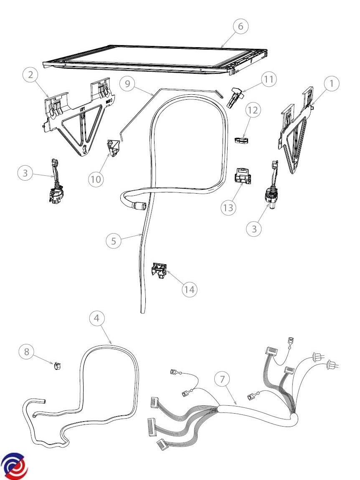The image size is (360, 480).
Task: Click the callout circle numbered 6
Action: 241,26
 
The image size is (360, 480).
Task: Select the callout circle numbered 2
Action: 30,74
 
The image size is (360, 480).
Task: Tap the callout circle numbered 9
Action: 128,83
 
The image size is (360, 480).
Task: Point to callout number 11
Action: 269,79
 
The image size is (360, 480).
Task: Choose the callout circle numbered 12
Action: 253,110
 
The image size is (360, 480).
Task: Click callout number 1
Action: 331,83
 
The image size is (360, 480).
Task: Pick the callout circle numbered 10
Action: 96,179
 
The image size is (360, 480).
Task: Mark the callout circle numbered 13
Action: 228,207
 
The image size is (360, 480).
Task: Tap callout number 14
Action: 189,289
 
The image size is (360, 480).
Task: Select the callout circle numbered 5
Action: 114,241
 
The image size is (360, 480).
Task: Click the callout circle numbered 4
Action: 97,318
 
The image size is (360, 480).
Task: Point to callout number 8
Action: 27,351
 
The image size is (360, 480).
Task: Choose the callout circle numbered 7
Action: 223,379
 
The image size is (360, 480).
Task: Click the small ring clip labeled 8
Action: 57,366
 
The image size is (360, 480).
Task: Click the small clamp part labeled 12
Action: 242,141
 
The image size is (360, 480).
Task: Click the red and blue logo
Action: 14,466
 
